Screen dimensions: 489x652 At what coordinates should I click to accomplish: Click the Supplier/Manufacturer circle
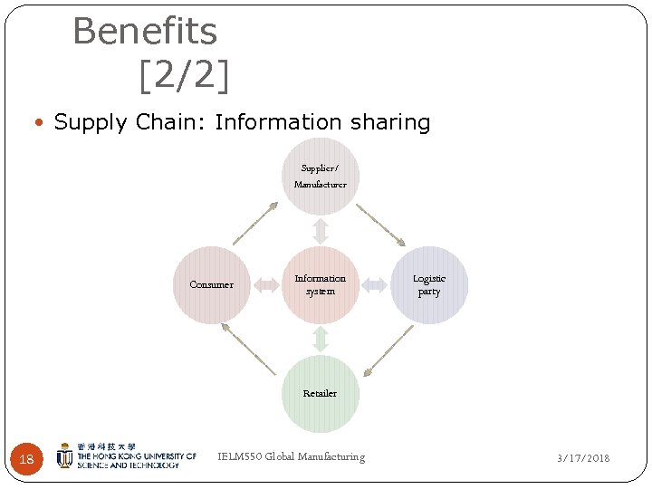pos(320,177)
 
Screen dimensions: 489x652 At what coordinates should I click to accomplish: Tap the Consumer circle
pos(211,284)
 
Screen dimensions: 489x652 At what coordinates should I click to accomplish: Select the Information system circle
pos(320,284)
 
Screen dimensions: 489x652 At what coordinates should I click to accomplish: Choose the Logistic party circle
pos(429,284)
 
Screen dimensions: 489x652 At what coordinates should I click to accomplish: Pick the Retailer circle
pos(320,393)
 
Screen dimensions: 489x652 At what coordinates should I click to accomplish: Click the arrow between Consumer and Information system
pos(266,285)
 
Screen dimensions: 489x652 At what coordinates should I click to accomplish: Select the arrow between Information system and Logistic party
pos(374,285)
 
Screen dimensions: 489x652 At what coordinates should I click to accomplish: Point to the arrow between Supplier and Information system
pos(320,230)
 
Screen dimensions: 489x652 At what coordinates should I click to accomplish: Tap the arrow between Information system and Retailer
pos(320,339)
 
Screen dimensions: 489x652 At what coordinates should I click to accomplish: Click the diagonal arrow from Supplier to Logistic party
pos(380,224)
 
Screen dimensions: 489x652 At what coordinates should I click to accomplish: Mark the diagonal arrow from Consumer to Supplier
pos(256,223)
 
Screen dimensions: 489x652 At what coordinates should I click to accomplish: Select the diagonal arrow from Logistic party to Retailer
pos(388,350)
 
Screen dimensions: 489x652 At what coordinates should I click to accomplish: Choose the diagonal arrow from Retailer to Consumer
pos(249,349)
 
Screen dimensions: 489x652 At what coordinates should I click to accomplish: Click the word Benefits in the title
pos(145,32)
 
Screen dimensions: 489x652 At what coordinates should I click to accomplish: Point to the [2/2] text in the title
pos(184,76)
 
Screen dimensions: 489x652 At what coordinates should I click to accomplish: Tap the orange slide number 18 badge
pos(26,459)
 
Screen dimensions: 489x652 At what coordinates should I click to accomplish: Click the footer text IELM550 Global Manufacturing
pos(292,456)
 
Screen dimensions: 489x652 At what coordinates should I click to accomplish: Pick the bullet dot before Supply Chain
pos(44,123)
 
